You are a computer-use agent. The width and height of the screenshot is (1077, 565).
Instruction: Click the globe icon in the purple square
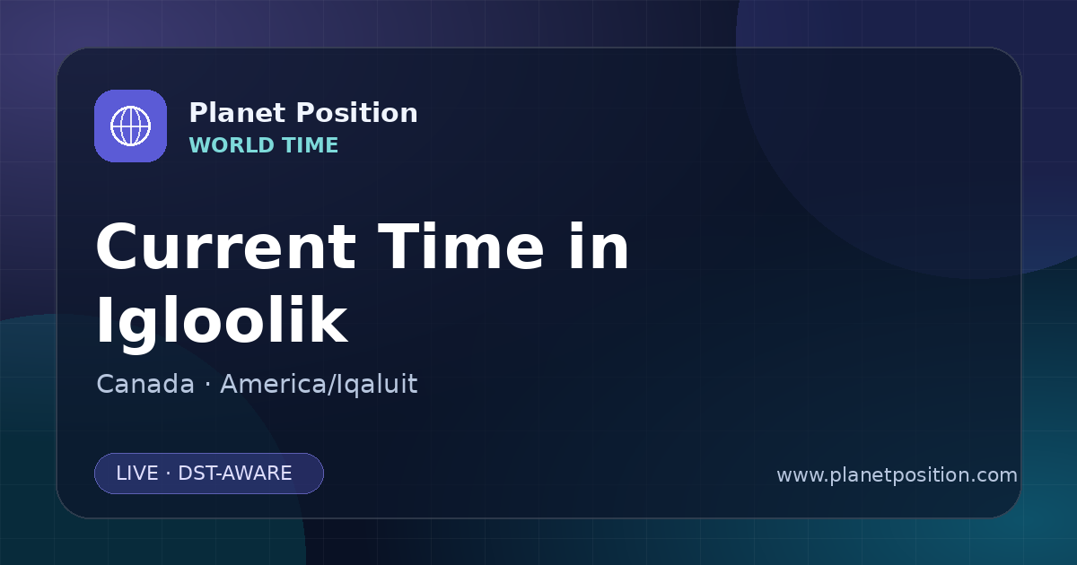point(130,126)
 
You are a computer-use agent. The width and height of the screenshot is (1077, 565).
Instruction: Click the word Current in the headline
point(226,248)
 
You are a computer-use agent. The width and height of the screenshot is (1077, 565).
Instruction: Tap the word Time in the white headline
point(461,247)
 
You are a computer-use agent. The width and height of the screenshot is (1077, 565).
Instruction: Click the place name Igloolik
point(222,321)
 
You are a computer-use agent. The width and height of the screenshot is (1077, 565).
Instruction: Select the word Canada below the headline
point(145,384)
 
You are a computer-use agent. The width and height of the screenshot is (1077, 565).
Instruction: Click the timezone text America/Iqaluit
point(319,385)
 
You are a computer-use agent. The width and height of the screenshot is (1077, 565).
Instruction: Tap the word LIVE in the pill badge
point(137,474)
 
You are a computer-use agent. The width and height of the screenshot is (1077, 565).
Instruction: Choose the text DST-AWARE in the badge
point(235,474)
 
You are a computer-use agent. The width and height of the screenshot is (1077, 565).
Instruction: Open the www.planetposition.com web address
point(897,475)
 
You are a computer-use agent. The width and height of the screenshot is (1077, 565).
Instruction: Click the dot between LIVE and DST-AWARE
point(169,474)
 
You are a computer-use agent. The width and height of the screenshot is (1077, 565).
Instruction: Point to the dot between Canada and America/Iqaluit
point(207,385)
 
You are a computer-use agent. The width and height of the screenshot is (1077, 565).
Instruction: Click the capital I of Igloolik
point(103,319)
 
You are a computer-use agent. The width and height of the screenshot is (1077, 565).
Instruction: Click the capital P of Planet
point(198,113)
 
